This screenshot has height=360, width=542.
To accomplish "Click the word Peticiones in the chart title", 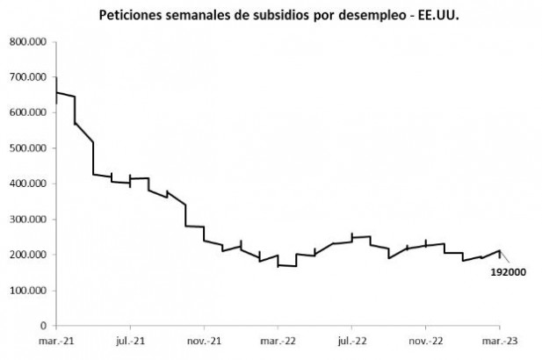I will pyautogui.click(x=134, y=15).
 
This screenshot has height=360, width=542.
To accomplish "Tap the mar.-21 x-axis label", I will pyautogui.click(x=55, y=339).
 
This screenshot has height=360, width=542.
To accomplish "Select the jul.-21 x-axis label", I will pyautogui.click(x=130, y=339).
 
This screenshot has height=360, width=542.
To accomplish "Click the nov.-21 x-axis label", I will pyautogui.click(x=204, y=339).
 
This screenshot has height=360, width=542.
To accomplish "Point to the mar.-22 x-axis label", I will pyautogui.click(x=278, y=339).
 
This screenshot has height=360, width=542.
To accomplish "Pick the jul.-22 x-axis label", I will pyautogui.click(x=352, y=339).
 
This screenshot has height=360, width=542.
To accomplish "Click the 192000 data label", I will pyautogui.click(x=508, y=272).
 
